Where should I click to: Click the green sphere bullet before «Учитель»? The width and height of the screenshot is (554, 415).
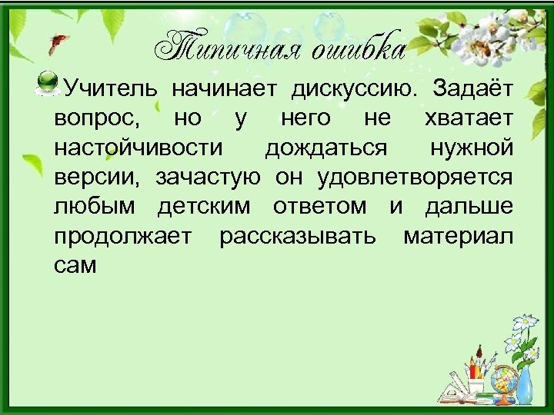pyautogui.click(x=48, y=81)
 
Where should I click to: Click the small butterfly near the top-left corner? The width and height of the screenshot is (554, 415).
pyautogui.click(x=55, y=43)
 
